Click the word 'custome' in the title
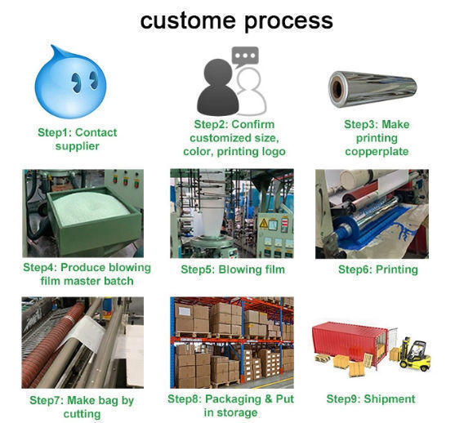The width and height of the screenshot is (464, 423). (x=188, y=20)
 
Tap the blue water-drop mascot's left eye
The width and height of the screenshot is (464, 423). (x=76, y=82)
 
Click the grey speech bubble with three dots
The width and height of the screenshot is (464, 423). (x=245, y=56)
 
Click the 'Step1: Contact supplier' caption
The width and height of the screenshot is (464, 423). (x=78, y=139)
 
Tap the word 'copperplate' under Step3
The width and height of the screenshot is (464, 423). (x=377, y=151)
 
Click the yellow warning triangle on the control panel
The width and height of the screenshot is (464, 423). (x=264, y=224)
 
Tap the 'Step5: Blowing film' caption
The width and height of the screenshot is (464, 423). (x=233, y=269)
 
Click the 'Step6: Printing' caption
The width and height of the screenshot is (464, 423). (x=378, y=269)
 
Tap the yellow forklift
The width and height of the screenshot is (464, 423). (x=415, y=355)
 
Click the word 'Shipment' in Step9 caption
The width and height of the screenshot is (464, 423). (x=390, y=399)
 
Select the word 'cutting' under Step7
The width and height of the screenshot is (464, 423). (x=82, y=414)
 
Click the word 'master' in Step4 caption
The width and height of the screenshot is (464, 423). (x=78, y=281)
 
